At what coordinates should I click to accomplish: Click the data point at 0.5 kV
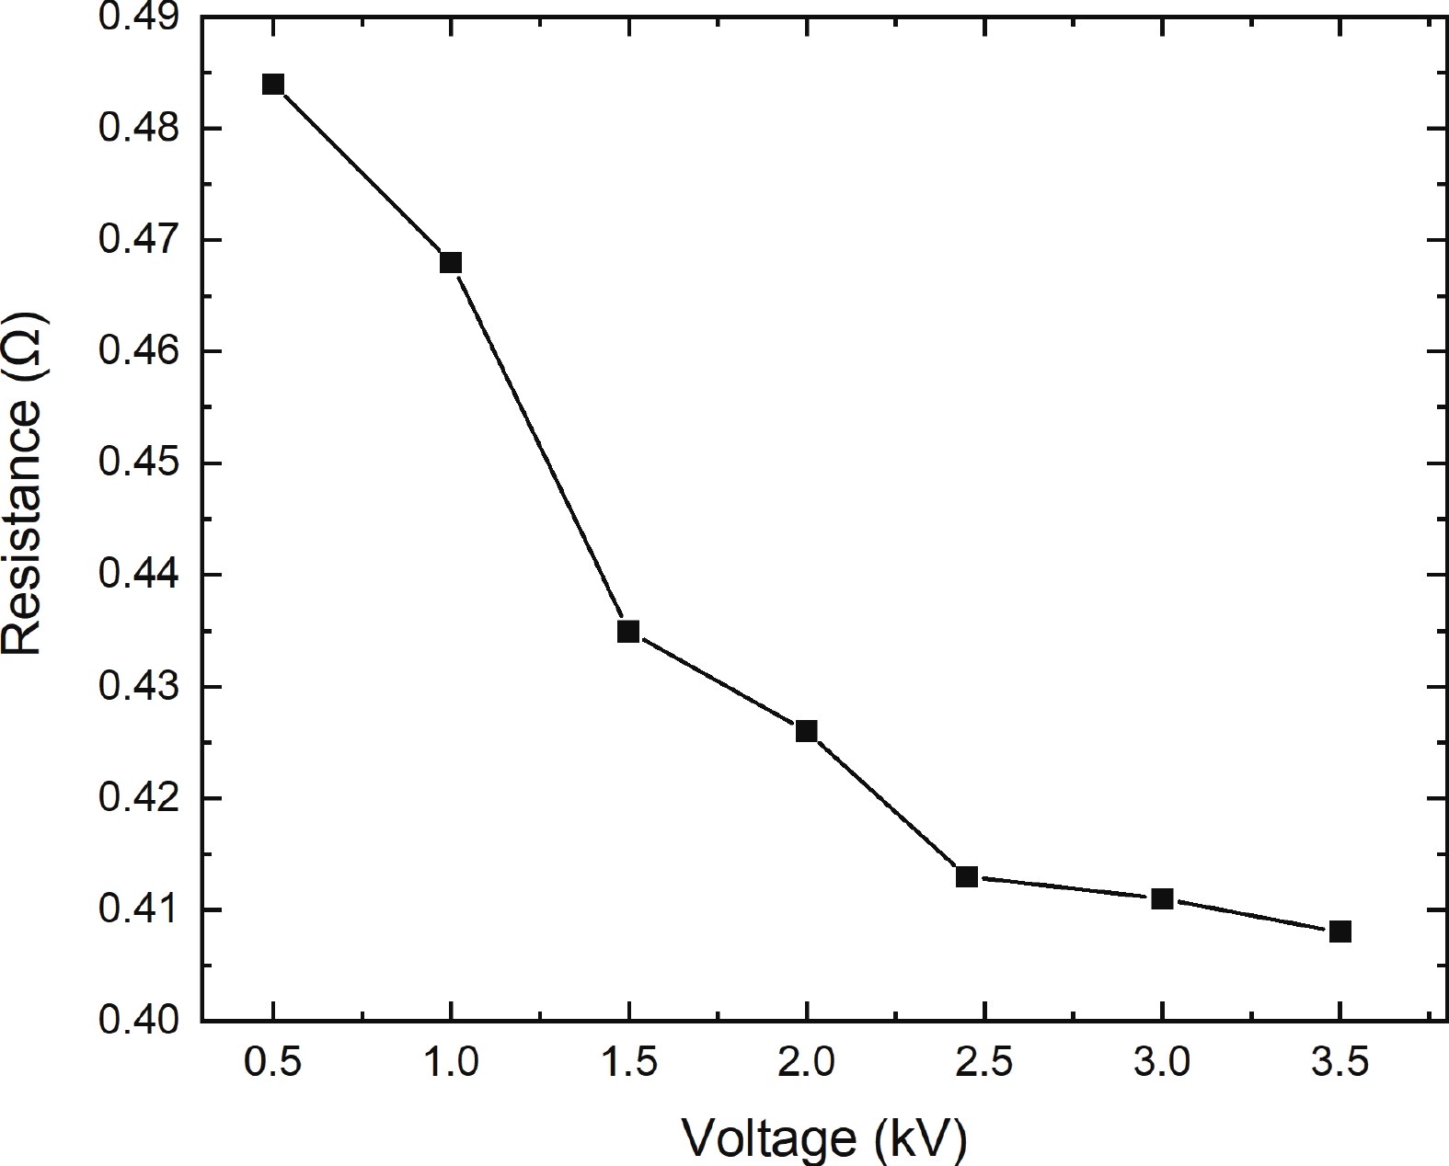pos(273,85)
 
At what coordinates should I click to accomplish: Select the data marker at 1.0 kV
pos(451,263)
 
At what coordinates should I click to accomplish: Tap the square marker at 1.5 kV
pos(628,632)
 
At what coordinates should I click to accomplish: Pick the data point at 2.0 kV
pos(806,731)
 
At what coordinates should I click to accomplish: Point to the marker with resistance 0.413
pos(967,876)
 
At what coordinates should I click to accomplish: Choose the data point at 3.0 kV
pos(1162,898)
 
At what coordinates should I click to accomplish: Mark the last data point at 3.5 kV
pos(1340,932)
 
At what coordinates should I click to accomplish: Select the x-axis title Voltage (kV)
pos(824,1138)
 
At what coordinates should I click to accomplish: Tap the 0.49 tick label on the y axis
pos(138,18)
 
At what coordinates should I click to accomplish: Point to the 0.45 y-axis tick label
pos(138,463)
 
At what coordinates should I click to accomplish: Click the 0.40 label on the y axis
pos(138,1021)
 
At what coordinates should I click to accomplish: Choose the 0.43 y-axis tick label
pos(138,687)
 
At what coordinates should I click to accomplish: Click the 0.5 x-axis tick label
pos(273,1065)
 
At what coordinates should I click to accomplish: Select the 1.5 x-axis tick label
pos(628,1065)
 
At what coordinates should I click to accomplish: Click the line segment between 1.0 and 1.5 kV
pos(540,448)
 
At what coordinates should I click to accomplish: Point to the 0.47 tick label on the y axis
pos(138,241)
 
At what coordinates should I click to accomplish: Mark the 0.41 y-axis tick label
pos(138,909)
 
